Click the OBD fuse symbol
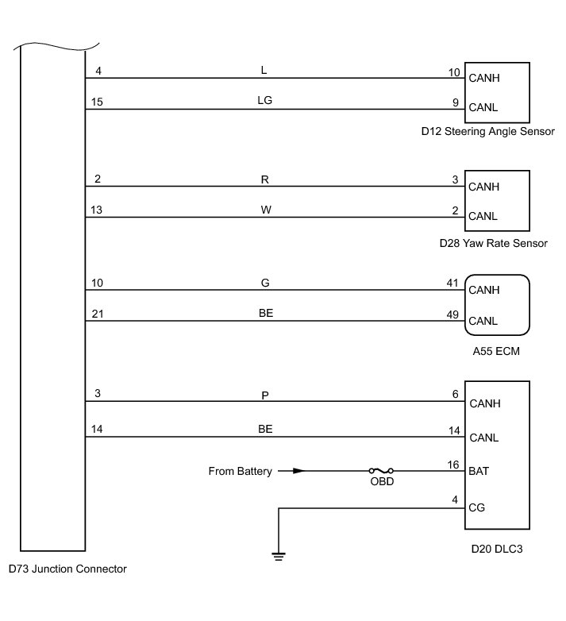tap(382, 471)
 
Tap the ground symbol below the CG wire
tap(278, 556)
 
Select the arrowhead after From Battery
tap(298, 471)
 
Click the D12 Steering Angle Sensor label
tap(487, 131)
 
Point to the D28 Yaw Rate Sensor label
tap(493, 243)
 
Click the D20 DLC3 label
tap(496, 549)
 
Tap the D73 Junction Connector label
tap(67, 569)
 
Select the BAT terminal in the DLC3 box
tap(479, 471)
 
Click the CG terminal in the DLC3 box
tap(477, 507)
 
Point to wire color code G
tap(265, 282)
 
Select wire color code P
tap(265, 394)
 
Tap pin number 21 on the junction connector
tap(98, 314)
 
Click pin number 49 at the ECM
tap(453, 314)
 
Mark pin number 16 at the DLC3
tap(453, 464)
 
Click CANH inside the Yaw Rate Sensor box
tap(484, 187)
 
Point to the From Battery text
tap(240, 471)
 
